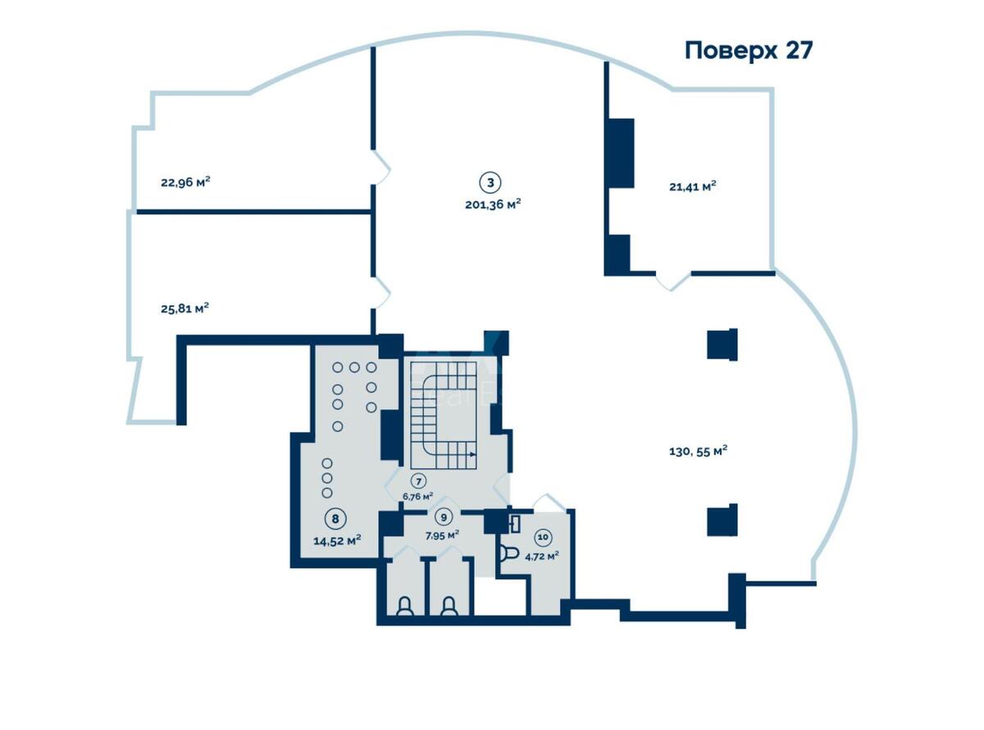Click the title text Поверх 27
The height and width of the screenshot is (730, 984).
[749, 50]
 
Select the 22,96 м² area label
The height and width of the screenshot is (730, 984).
[185, 182]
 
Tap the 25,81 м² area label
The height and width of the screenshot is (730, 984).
[184, 308]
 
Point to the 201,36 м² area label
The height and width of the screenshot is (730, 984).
[493, 204]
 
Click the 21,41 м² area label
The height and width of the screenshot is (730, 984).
[692, 186]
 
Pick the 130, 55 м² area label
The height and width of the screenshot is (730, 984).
[699, 450]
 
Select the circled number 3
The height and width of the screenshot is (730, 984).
[490, 182]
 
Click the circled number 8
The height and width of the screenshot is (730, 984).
[334, 518]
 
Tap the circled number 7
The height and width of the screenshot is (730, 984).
[418, 481]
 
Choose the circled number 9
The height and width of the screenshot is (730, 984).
[444, 518]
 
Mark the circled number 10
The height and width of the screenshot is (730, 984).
[543, 537]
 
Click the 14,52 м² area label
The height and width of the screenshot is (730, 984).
[337, 540]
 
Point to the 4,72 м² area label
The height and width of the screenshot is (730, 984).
[542, 555]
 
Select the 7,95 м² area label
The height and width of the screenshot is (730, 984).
[441, 534]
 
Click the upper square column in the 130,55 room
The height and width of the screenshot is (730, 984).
[722, 344]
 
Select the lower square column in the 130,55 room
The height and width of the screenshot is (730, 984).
[722, 520]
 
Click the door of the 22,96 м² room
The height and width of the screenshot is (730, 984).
[381, 167]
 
